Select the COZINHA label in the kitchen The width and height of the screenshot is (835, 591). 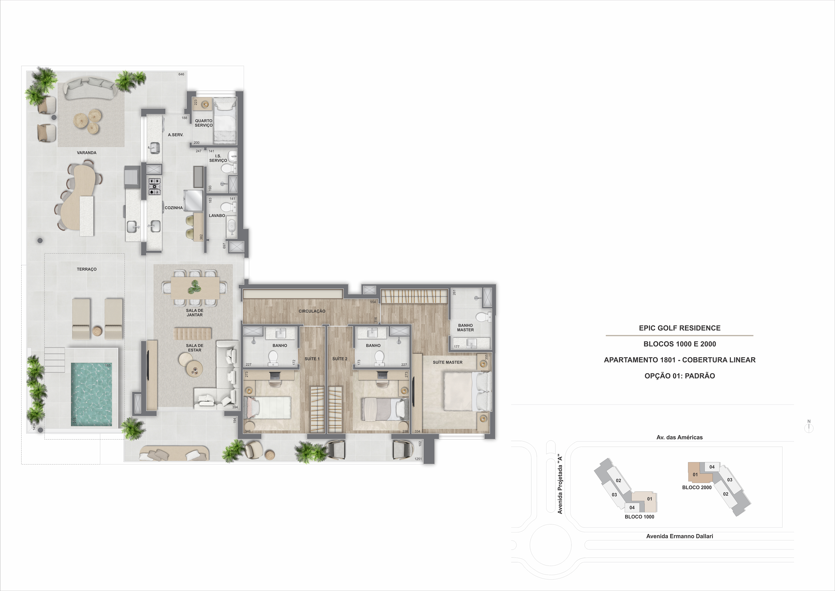pyautogui.click(x=174, y=208)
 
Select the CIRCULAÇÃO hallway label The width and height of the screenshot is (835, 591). pyautogui.click(x=312, y=311)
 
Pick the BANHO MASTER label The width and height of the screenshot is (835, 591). pyautogui.click(x=466, y=328)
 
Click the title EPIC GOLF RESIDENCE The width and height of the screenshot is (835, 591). pyautogui.click(x=679, y=328)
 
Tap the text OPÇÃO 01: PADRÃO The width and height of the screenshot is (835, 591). pyautogui.click(x=679, y=376)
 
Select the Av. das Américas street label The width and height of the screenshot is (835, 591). pyautogui.click(x=679, y=437)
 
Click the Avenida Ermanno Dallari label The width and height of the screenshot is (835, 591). pyautogui.click(x=679, y=536)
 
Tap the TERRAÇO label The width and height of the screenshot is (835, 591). pyautogui.click(x=87, y=269)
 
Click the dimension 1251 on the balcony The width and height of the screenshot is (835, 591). pyautogui.click(x=418, y=459)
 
